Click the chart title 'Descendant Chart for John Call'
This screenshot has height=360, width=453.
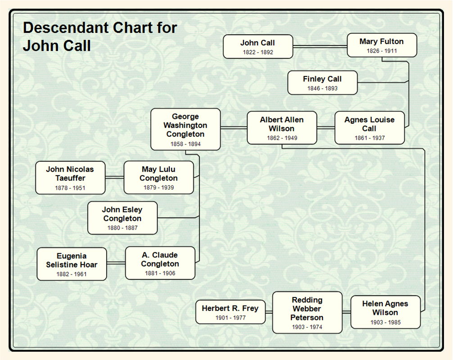tap(100, 36)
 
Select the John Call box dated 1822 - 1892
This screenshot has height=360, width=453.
tap(258, 47)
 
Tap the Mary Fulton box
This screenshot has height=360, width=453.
tap(382, 45)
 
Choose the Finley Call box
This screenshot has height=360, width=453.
tap(322, 83)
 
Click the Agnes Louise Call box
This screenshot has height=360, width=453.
tap(369, 128)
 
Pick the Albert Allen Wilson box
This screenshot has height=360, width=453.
tap(282, 128)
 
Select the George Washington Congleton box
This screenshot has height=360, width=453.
tap(186, 129)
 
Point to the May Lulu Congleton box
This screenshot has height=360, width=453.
tap(159, 178)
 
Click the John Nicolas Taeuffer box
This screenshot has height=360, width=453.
tap(70, 178)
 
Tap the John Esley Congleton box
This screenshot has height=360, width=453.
tap(122, 218)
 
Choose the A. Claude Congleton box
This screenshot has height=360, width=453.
tap(160, 263)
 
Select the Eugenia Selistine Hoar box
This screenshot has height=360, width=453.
tap(72, 264)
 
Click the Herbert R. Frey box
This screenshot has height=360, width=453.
tap(230, 312)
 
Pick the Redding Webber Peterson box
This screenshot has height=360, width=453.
tap(307, 312)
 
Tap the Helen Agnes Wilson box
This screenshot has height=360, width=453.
tap(385, 312)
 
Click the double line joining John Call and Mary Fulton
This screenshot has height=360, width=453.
tap(320, 46)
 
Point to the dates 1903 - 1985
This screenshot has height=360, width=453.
tap(385, 323)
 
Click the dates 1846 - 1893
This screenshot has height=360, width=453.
tap(322, 89)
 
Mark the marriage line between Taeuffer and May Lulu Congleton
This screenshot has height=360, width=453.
tap(114, 178)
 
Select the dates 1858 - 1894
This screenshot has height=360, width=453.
tap(186, 144)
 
